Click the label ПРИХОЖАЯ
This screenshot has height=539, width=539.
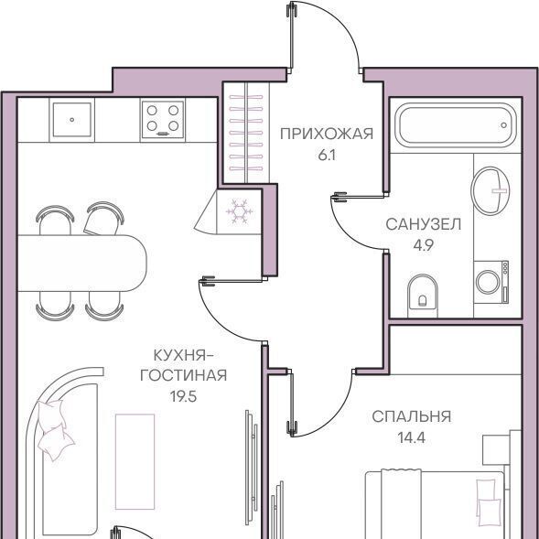(326, 134)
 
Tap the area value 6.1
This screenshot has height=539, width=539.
(327, 156)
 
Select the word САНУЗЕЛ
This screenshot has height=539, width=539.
(423, 224)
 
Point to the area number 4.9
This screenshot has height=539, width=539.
(424, 246)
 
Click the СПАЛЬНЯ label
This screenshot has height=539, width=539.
(411, 416)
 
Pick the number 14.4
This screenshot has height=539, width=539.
(412, 438)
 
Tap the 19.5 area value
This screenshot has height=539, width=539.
(183, 396)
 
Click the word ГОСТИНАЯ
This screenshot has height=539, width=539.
(183, 375)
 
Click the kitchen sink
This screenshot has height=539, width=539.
(72, 120)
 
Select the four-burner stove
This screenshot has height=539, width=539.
(163, 120)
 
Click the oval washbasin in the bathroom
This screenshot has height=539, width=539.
(490, 190)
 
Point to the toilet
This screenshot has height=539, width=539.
(423, 296)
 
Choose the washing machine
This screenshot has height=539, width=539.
(490, 282)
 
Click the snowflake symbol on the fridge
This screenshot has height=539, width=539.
(239, 211)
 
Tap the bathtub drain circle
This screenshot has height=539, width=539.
(503, 125)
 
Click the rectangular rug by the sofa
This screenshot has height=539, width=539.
(135, 461)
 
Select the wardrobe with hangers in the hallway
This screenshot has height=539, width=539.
(246, 133)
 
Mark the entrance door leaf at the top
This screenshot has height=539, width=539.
(292, 38)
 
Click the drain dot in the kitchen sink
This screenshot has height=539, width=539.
(72, 120)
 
